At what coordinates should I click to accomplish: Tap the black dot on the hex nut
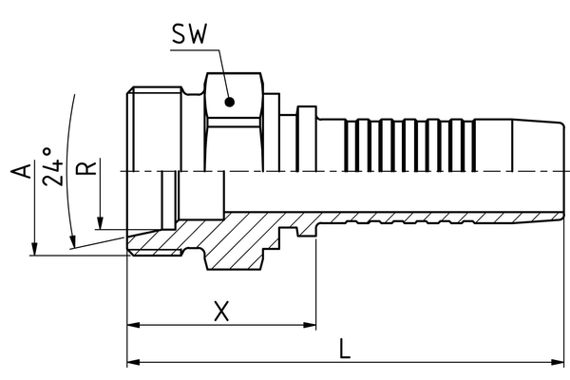tap(229, 101)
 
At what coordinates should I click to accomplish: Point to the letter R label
tap(87, 169)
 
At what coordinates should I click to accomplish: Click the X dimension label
tap(221, 312)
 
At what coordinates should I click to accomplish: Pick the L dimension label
tap(346, 349)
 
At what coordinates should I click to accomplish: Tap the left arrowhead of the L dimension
tap(133, 362)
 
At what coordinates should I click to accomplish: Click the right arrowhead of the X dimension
tap(310, 325)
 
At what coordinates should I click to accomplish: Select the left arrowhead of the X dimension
tap(133, 325)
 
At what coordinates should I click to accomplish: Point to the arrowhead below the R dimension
tap(101, 224)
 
